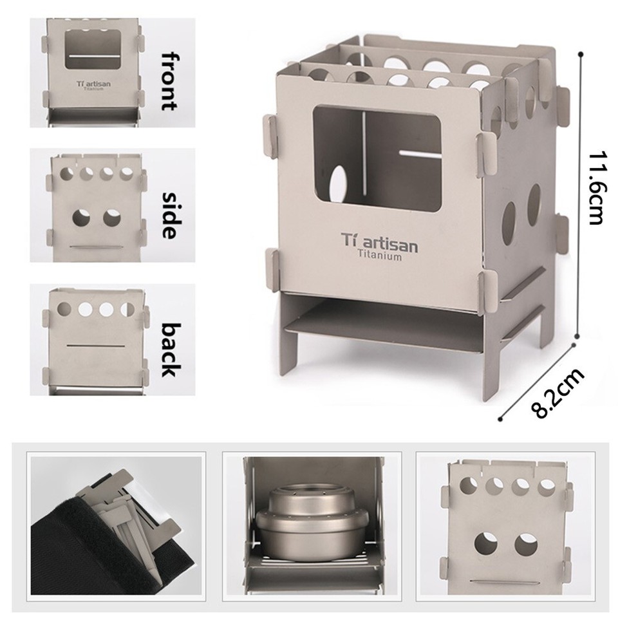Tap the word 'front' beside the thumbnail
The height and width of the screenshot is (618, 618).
[x=169, y=80]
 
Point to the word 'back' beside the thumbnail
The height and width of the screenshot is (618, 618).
[x=169, y=349]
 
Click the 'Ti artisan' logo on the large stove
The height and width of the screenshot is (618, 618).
[x=379, y=245]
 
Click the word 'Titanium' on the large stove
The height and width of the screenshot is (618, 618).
[x=380, y=257]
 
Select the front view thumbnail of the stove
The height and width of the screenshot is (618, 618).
[x=94, y=72]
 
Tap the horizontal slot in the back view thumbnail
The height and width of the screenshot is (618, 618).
[x=95, y=346]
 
